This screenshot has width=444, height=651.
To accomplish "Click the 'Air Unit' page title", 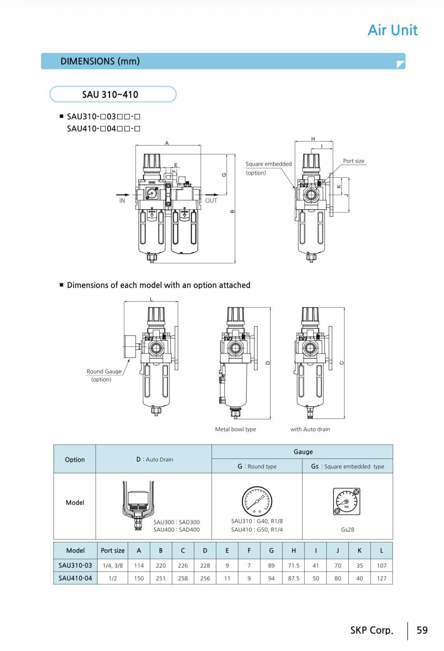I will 392,30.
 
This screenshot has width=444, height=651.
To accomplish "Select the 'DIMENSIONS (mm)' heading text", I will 100,61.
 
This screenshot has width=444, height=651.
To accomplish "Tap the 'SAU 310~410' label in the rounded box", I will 110,94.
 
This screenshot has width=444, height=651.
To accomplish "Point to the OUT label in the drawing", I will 211,201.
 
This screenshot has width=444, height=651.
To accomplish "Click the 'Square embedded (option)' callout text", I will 268,168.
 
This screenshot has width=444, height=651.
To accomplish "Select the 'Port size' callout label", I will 354,161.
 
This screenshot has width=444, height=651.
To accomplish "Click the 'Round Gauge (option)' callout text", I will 104,375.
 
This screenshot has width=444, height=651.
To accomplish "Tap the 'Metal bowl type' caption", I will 235,429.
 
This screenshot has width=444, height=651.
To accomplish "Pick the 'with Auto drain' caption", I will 310,429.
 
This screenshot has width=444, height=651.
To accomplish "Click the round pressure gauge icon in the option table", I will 257,501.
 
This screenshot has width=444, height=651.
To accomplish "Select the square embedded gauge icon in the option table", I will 346,501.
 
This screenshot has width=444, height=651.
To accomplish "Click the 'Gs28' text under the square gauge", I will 347,529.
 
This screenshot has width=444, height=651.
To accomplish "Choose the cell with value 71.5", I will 293,566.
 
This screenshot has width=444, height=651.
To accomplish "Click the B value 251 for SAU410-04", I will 160,578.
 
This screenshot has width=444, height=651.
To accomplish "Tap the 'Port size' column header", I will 112,551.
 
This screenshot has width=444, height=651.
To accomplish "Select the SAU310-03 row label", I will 75,566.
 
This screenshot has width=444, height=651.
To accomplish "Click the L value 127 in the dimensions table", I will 381,578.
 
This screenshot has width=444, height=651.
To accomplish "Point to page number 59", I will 422,630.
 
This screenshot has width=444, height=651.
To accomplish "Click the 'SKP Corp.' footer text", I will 372,630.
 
